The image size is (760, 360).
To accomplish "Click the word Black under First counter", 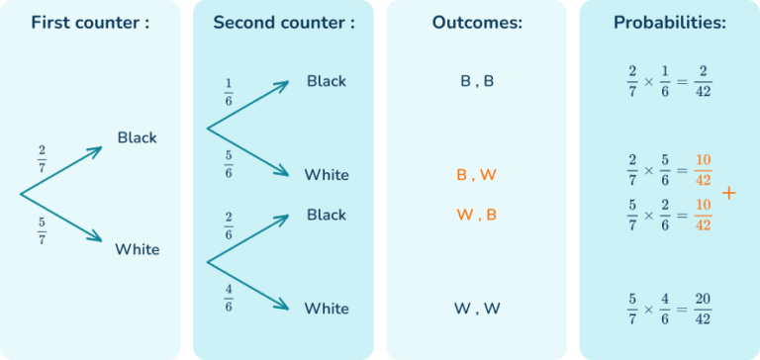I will [137, 137].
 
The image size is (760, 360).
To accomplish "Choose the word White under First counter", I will [137, 249].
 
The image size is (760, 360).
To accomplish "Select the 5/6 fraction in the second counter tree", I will [229, 164].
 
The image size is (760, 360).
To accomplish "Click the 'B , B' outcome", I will [477, 82].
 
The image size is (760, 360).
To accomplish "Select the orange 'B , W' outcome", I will [477, 175].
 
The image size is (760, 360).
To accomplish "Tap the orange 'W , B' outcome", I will [477, 215].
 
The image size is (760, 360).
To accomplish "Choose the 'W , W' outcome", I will [477, 309].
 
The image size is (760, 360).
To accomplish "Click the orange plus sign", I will [729, 192].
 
